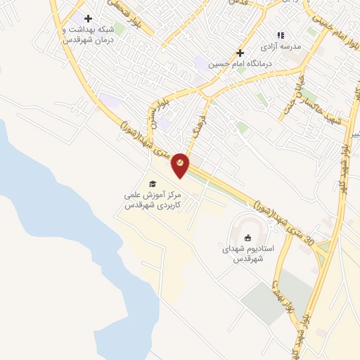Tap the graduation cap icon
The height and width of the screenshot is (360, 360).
152,184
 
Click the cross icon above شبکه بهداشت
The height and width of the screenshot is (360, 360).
88,18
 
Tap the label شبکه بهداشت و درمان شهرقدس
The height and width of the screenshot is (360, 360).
87,35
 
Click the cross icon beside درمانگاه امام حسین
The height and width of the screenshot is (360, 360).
240,52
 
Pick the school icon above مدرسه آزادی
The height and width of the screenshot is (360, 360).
280,34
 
